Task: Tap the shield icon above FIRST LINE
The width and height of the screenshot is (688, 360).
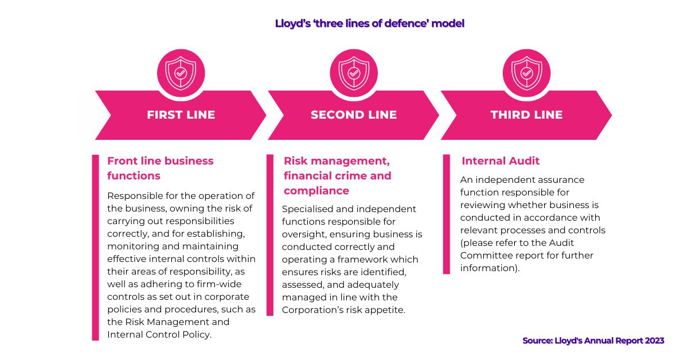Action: click(x=180, y=73)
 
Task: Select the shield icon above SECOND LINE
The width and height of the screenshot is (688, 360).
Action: click(x=354, y=73)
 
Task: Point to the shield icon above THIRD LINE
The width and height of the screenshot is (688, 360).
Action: click(x=526, y=73)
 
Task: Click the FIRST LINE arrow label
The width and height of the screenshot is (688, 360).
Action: click(x=181, y=115)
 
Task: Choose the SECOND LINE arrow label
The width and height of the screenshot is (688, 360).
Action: click(x=354, y=115)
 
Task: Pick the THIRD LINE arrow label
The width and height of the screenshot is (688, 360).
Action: click(x=526, y=115)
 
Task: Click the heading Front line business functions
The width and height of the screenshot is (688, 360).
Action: click(x=161, y=168)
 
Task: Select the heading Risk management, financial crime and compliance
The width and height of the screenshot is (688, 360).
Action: click(x=337, y=175)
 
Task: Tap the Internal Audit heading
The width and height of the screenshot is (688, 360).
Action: click(x=501, y=161)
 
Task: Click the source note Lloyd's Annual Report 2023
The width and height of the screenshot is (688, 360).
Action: click(x=593, y=341)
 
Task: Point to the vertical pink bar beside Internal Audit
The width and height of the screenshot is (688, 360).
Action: click(x=447, y=214)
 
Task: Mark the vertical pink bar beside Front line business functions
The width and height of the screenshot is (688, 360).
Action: click(x=96, y=247)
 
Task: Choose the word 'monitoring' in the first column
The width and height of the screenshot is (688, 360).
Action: click(x=133, y=246)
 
